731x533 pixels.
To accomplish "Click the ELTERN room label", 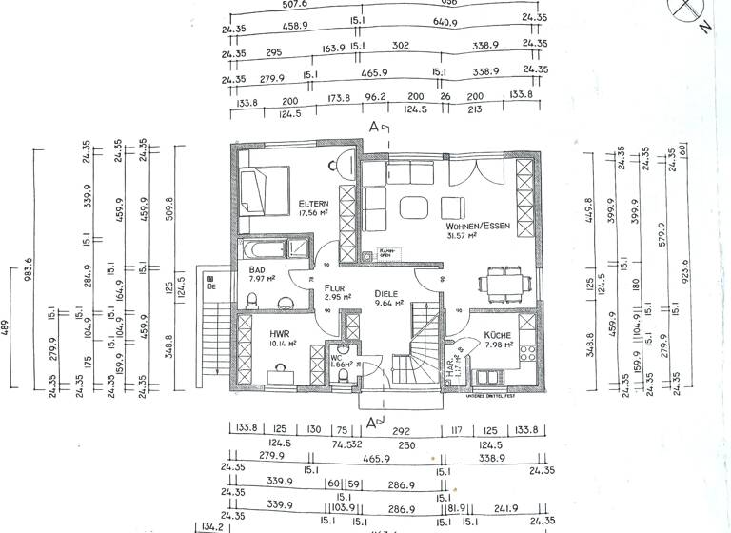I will point(314,204).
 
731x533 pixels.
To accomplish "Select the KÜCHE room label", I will point(498,335).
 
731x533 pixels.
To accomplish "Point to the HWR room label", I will point(278,334).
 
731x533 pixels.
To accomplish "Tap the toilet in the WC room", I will point(340,374).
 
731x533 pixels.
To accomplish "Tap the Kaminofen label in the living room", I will point(385,253).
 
